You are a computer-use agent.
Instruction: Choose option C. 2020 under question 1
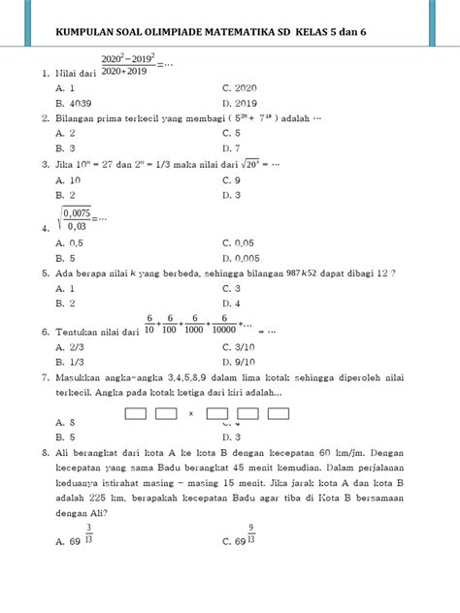(240, 86)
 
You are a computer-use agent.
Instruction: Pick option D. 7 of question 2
(231, 148)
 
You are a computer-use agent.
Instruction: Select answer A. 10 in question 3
(68, 179)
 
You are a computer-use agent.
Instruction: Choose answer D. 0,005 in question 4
(242, 258)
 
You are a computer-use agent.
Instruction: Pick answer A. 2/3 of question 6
(71, 346)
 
